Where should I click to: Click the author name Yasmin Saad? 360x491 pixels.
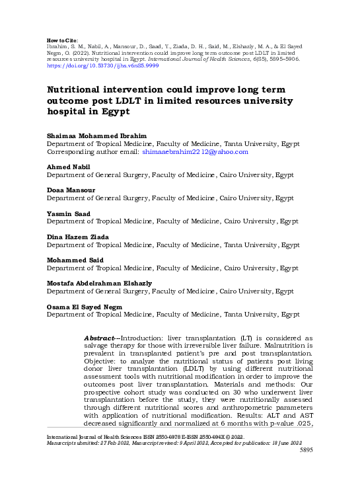tap(67, 213)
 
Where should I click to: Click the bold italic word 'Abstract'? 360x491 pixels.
tap(102, 337)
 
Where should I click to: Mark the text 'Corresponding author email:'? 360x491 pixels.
tap(92, 152)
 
